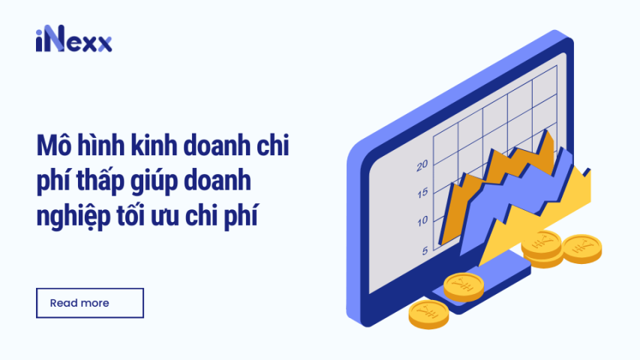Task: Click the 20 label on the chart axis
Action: pyautogui.click(x=422, y=165)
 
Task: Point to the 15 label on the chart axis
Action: pyautogui.click(x=422, y=192)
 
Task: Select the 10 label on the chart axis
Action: pyautogui.click(x=422, y=220)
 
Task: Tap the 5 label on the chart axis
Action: pyautogui.click(x=425, y=250)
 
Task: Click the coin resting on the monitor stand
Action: pyautogui.click(x=462, y=286)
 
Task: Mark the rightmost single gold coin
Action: pyautogui.click(x=582, y=247)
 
